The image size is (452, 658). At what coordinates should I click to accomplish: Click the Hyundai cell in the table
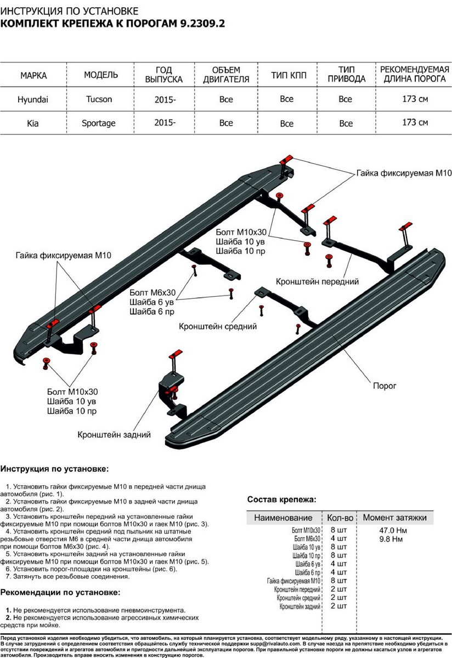pos(33,100)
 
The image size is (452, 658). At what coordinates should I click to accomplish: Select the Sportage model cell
pos(100,123)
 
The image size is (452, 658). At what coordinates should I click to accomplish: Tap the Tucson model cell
pos(99,100)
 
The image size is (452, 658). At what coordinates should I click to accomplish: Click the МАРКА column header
pos(33,75)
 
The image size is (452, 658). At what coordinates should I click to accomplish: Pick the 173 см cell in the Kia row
pos(415,122)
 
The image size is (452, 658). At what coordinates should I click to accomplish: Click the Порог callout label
pos(385,385)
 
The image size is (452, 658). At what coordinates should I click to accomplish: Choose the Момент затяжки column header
pos(394,518)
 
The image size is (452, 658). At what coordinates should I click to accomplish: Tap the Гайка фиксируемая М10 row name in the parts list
pos(293,581)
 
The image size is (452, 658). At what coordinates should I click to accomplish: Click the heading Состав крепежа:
pos(281,500)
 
